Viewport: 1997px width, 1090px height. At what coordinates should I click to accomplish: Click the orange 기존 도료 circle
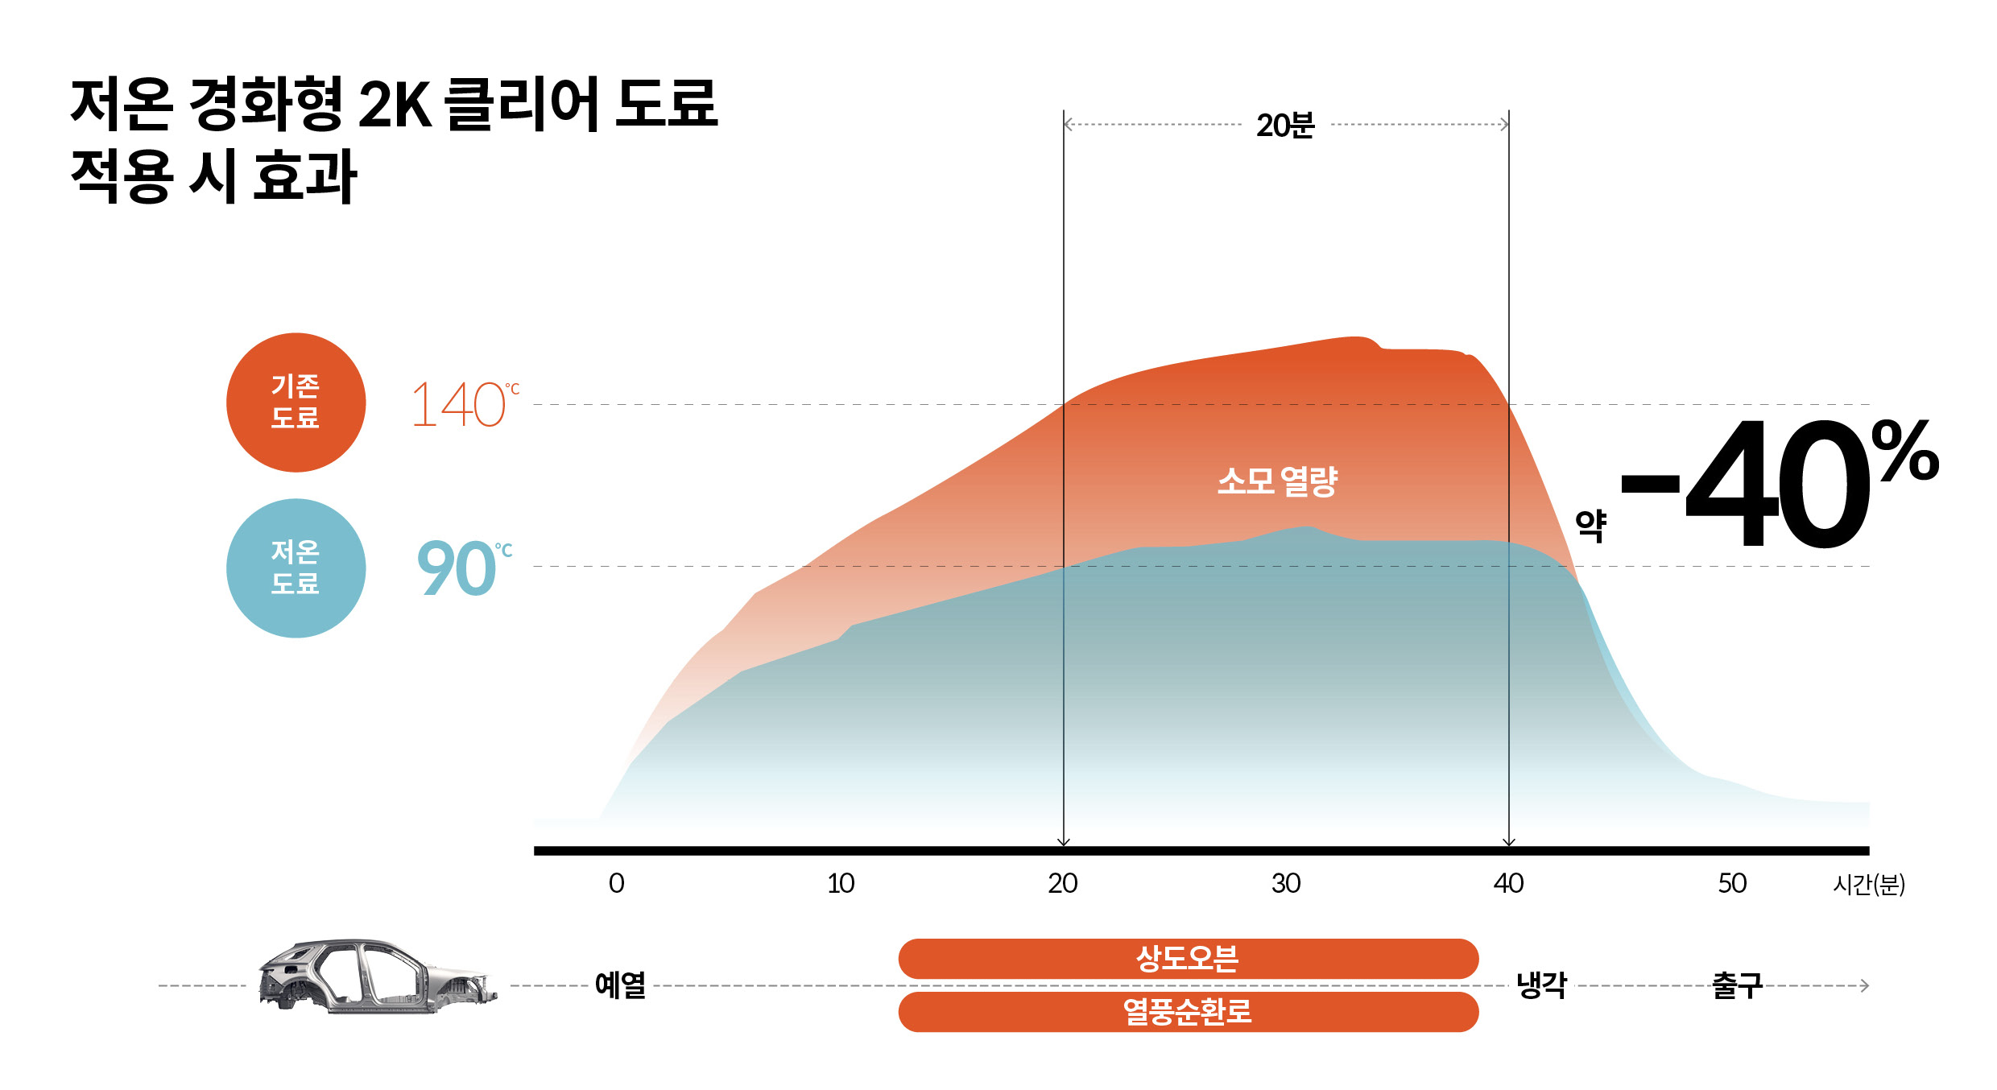tap(296, 403)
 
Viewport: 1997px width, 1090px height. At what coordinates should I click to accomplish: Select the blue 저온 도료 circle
tap(296, 568)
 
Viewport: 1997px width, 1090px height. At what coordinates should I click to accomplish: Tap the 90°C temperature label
tap(463, 568)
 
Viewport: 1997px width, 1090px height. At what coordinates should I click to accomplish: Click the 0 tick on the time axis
tap(616, 884)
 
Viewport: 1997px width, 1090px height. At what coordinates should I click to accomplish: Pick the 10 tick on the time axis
tap(840, 884)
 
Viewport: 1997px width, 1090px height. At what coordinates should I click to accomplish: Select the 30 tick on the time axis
tap(1286, 884)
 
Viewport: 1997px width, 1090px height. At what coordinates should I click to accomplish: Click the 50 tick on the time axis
tap(1732, 884)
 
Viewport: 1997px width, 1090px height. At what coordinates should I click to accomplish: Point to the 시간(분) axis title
tap(1868, 885)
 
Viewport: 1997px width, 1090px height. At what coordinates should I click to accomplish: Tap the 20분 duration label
tap(1285, 126)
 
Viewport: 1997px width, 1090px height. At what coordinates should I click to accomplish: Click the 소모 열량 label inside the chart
tap(1277, 481)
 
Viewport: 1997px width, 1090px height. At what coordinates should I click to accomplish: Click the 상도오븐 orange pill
tap(1188, 959)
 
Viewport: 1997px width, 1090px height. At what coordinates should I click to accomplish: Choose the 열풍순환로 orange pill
tap(1188, 1012)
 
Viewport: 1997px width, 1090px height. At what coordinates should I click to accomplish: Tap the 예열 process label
tap(620, 985)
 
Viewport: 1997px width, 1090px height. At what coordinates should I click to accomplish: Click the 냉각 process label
tap(1541, 985)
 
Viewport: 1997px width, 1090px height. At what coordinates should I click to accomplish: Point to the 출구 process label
tap(1737, 985)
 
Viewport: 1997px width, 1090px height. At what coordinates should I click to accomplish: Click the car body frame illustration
tap(377, 976)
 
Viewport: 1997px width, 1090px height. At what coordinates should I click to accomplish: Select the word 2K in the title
tap(395, 105)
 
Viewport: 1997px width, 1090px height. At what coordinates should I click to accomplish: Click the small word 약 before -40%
tap(1590, 526)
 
